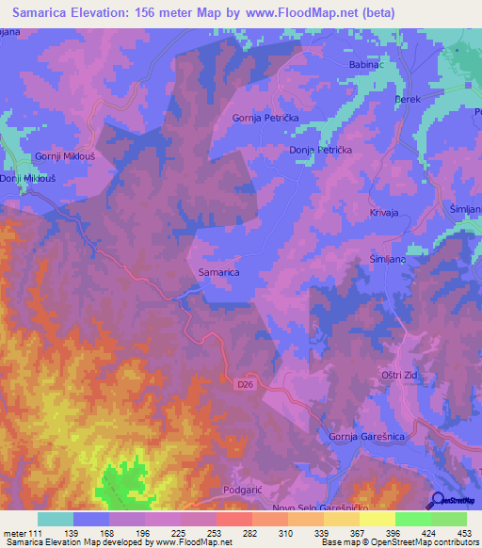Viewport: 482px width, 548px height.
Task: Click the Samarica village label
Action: point(219,272)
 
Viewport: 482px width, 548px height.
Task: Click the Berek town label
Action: point(406,98)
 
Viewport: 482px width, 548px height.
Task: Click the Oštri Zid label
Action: point(399,375)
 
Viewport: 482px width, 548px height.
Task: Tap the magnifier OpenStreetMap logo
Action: point(438,501)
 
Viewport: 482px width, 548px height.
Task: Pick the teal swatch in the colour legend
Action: point(55,519)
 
